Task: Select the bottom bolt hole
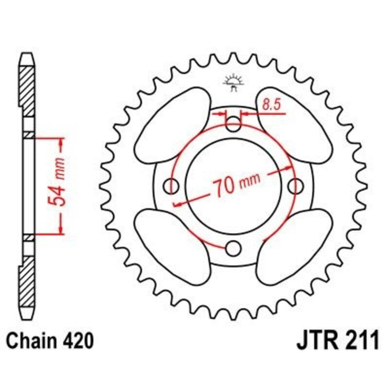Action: (234, 248)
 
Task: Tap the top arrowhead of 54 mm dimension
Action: (61, 142)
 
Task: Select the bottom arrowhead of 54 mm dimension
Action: (61, 230)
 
